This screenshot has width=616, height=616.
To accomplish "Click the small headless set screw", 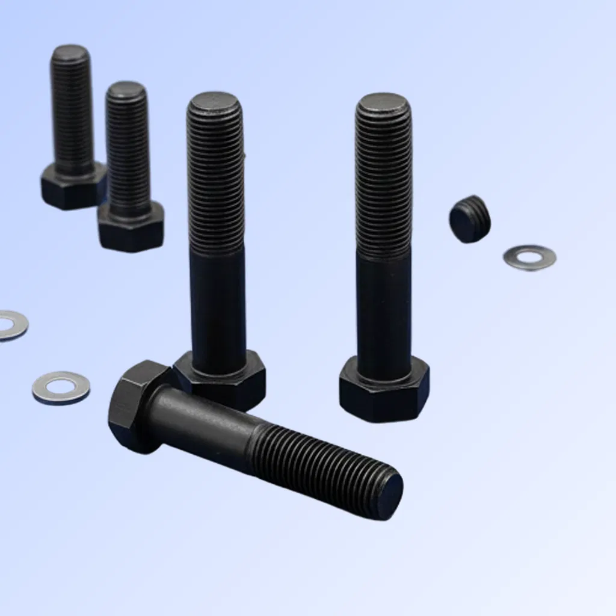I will [469, 220].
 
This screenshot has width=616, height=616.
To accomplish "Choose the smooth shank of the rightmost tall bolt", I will [384, 307].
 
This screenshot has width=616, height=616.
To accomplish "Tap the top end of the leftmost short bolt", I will [70, 53].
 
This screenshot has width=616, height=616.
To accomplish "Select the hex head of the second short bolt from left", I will [131, 229].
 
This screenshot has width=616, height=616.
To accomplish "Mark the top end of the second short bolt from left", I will [126, 90].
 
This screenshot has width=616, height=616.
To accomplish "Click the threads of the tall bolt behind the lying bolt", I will [215, 180].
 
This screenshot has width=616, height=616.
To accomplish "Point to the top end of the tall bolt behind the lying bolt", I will [215, 102].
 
